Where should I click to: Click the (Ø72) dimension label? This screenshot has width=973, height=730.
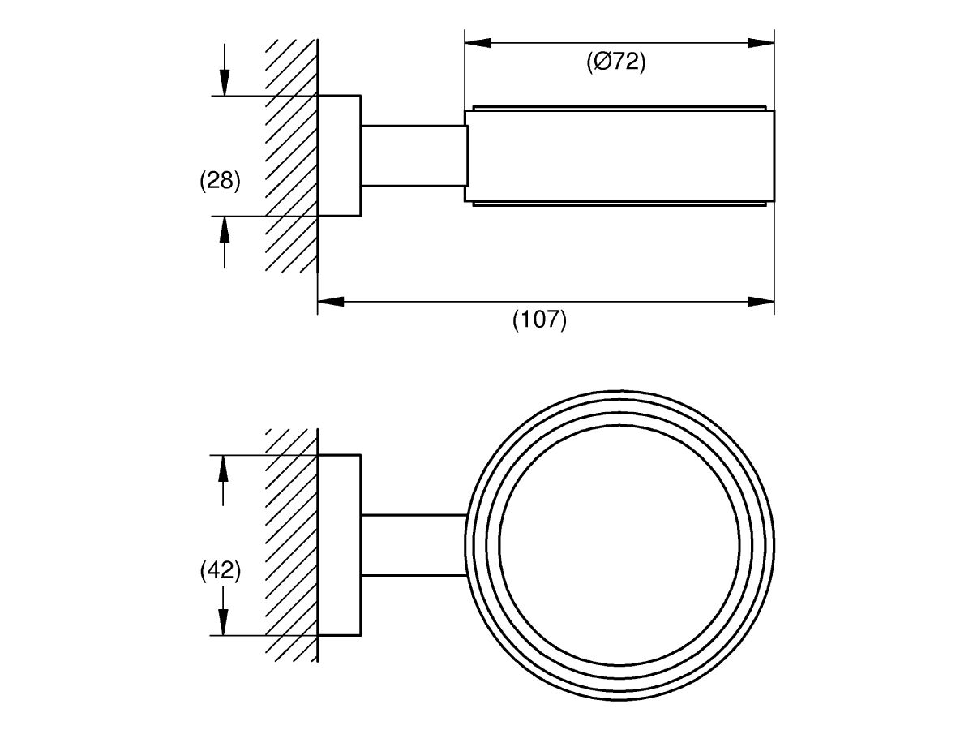point(616,62)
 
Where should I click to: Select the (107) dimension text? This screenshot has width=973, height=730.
point(539,320)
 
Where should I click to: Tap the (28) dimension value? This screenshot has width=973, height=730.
point(220,181)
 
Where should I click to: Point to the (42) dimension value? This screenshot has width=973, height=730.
point(220,570)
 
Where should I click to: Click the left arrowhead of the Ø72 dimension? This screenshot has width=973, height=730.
point(478,43)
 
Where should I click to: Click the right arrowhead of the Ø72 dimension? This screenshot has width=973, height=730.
point(761,43)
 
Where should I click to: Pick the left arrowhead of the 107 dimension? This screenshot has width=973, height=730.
point(331,302)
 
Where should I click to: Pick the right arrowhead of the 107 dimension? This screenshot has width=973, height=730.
point(761,302)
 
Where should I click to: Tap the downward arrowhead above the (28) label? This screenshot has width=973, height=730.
point(225,83)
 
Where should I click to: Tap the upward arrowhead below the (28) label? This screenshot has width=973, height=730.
point(225,230)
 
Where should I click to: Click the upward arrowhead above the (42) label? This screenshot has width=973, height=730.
point(222,468)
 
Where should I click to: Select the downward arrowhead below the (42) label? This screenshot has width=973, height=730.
point(222,622)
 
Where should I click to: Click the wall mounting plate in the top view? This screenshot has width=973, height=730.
point(339,156)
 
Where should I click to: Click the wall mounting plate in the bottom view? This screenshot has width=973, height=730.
point(339,545)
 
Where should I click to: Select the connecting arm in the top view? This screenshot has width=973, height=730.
point(414,156)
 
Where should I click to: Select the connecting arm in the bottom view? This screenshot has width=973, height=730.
point(414,545)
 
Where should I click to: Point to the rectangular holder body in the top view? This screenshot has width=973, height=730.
point(619,156)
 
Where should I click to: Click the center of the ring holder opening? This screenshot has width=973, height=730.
point(619,545)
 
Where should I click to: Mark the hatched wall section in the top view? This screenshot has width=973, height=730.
point(291,156)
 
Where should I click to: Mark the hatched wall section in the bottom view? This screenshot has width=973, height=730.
point(291,545)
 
